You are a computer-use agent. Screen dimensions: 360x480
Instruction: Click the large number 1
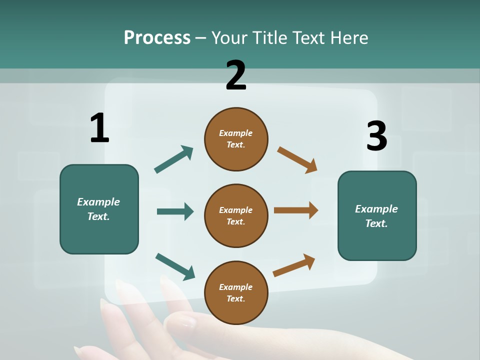pyautogui.click(x=99, y=128)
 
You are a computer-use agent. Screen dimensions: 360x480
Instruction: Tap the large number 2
pyautogui.click(x=236, y=75)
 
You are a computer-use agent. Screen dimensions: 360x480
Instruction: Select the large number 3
pyautogui.click(x=376, y=136)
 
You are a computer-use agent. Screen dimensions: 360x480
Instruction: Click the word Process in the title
pyautogui.click(x=157, y=37)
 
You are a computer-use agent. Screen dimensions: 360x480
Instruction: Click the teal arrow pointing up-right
pyautogui.click(x=174, y=159)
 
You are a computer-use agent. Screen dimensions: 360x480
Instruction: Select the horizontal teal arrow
pyautogui.click(x=175, y=211)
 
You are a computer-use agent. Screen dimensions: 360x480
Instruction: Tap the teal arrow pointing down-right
pyautogui.click(x=175, y=266)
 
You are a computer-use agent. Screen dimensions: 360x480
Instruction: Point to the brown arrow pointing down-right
pyautogui.click(x=297, y=159)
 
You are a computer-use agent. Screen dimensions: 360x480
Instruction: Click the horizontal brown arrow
pyautogui.click(x=296, y=210)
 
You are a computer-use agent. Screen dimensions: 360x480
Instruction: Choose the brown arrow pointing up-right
pyautogui.click(x=294, y=265)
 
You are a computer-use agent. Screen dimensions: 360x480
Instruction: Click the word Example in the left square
pyautogui.click(x=98, y=202)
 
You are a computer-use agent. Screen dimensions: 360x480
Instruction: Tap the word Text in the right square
pyautogui.click(x=376, y=223)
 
